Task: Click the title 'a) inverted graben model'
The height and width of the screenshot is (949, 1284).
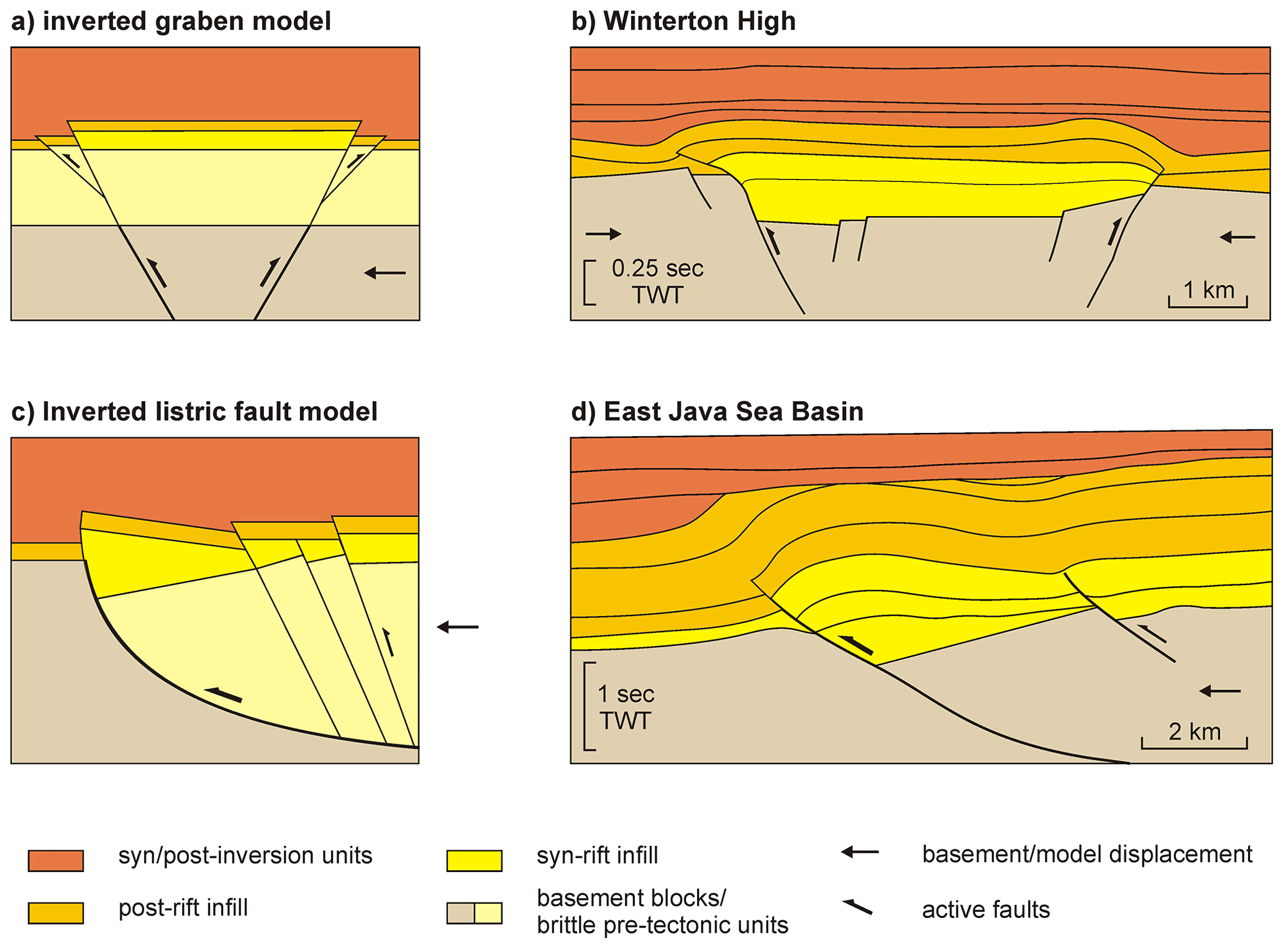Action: (171, 21)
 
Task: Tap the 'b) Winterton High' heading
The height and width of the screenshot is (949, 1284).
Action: (683, 21)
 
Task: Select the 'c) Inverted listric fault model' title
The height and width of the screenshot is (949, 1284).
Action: (194, 412)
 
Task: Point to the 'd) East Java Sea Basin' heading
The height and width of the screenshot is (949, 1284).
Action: (717, 412)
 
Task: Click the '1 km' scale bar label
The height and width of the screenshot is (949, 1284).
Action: (1208, 290)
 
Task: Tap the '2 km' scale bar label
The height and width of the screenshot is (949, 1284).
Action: (1194, 732)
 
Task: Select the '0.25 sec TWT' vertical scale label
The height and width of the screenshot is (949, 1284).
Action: (657, 281)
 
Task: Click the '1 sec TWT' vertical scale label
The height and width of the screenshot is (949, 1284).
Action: (626, 707)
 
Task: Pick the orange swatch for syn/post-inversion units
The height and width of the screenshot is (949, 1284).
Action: (56, 860)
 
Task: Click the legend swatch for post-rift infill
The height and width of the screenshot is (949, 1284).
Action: (56, 912)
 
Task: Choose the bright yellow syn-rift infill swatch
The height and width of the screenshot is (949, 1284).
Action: (474, 860)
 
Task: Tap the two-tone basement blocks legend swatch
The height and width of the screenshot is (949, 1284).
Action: (474, 913)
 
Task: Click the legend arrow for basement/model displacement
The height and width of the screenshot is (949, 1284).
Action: (860, 853)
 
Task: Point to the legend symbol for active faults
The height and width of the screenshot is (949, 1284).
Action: (857, 907)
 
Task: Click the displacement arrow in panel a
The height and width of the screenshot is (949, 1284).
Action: (385, 272)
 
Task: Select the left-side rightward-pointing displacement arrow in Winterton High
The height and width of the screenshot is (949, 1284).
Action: (603, 234)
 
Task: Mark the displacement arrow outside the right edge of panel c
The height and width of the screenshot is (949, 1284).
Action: (458, 627)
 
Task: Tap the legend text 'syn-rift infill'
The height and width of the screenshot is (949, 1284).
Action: (597, 856)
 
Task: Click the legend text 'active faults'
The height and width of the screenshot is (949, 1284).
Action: (986, 910)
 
